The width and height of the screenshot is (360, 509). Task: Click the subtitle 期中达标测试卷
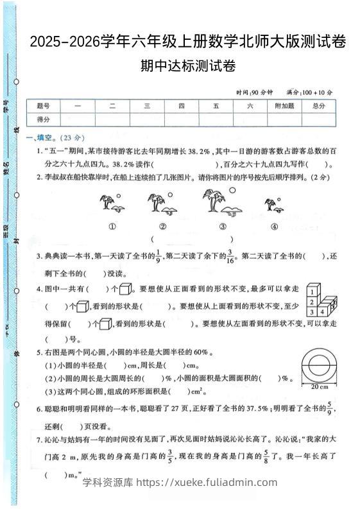coord(187,65)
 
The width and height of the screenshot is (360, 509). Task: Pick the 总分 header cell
coord(318,106)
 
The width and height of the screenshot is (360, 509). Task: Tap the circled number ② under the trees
coord(163,226)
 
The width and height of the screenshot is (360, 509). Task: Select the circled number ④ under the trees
coord(274,226)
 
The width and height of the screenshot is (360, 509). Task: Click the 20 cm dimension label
coord(316,388)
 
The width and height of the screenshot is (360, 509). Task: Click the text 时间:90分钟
coord(255,92)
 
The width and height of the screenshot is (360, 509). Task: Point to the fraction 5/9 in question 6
coord(330,408)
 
